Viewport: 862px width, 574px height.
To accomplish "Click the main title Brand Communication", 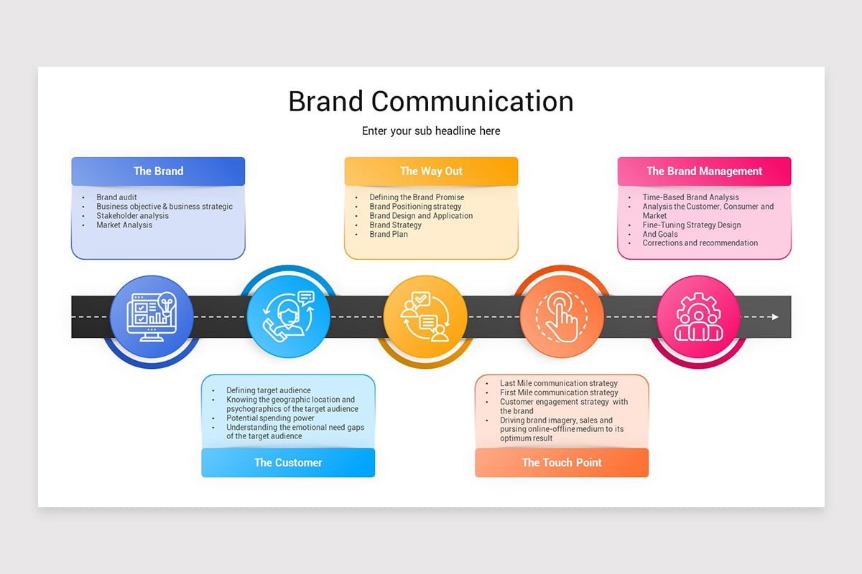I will [431, 101].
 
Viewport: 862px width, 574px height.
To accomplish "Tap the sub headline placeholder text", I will [431, 131].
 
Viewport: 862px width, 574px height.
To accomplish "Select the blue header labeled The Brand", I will [158, 171].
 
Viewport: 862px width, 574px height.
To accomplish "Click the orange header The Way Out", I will [431, 171].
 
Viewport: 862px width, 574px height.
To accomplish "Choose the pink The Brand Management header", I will [704, 171].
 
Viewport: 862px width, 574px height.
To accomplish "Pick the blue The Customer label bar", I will [288, 463].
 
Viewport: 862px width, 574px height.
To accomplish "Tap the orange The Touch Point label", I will [562, 463].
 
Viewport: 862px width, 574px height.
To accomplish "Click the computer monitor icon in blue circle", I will [152, 316].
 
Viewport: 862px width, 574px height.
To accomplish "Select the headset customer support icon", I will [288, 316].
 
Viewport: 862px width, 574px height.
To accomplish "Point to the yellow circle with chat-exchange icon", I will [425, 316].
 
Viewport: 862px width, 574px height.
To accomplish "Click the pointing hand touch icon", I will [562, 316].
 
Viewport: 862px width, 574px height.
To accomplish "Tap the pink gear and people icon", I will [698, 316].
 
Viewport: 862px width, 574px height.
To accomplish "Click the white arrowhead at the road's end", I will [774, 316].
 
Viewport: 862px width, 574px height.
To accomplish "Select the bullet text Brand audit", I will [116, 197].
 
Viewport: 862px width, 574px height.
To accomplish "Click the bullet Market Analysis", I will [124, 225].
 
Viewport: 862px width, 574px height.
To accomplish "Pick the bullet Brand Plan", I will [389, 235].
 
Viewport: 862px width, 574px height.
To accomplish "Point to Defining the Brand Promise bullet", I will [417, 197].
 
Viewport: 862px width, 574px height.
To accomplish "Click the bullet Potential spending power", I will [270, 418].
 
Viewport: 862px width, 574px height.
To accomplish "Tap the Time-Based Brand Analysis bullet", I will [690, 197].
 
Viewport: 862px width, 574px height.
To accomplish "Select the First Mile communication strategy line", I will [559, 393].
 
